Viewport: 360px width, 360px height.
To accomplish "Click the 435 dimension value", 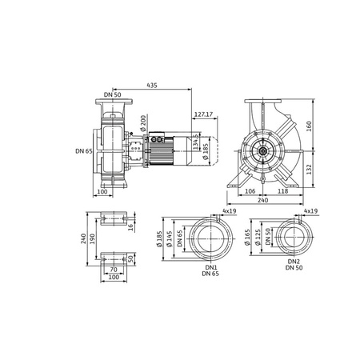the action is pos(152,86).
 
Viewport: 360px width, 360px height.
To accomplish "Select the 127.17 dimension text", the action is pos(203,114).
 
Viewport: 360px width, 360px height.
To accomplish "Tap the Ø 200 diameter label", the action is pos(143,123).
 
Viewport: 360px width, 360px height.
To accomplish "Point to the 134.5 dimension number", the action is pos(196,142).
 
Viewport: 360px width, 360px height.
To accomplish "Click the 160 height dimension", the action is pos(309,126).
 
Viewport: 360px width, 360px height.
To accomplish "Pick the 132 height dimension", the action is pos(309,170).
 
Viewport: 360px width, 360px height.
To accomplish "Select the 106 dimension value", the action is pos(250,191).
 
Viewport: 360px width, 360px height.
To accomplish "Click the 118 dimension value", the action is pos(282,191).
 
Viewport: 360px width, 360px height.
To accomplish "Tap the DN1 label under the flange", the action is pos(211,267).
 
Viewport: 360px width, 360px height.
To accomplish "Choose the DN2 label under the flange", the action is pos(294,262).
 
